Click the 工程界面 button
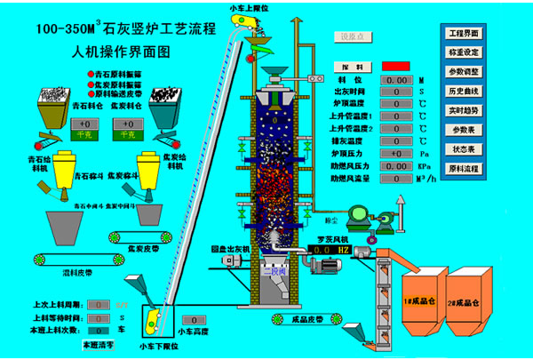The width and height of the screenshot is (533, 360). coord(470,33)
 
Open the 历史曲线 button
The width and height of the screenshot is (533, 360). coord(470,92)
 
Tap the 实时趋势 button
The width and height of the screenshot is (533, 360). coord(470,111)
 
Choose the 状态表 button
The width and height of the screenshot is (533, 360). coord(470,150)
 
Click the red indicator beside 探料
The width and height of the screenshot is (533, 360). coord(395,67)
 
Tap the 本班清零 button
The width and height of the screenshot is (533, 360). coord(99,343)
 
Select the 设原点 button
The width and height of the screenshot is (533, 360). coord(353,36)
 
